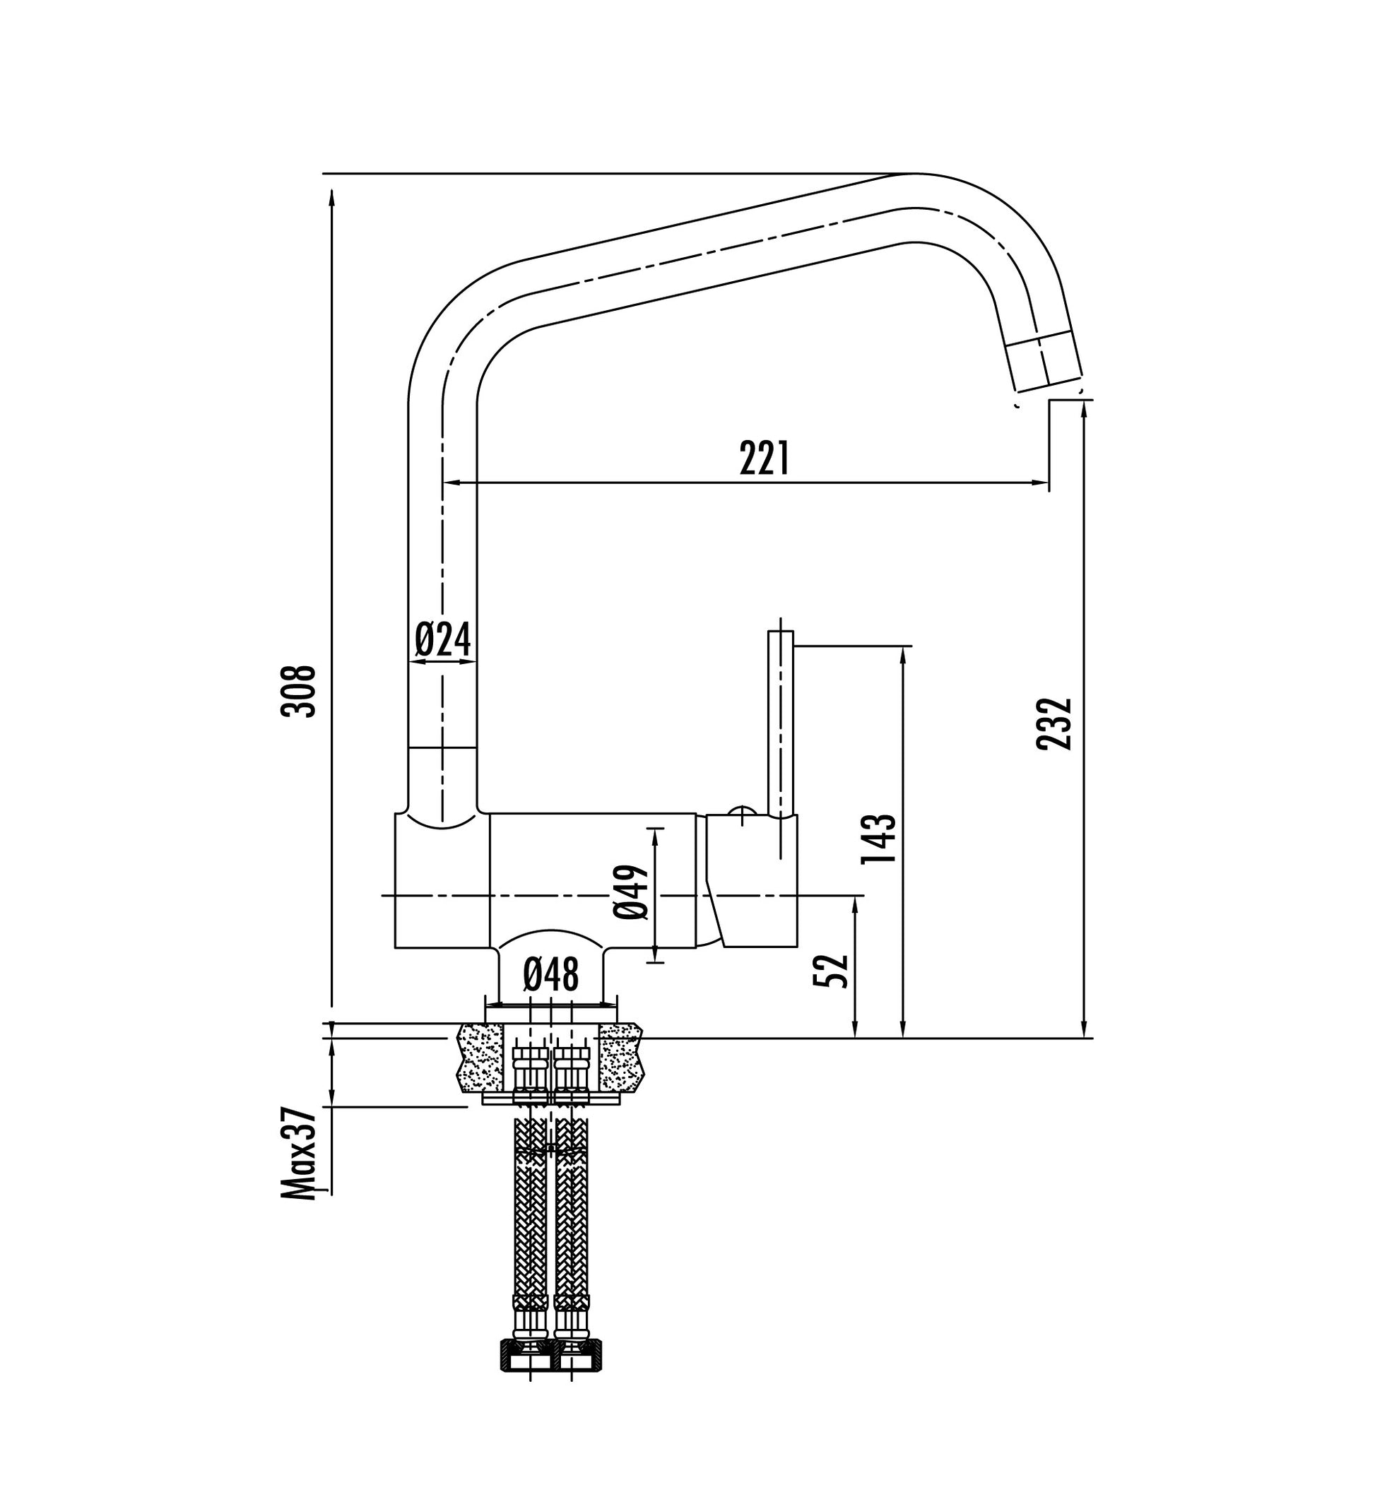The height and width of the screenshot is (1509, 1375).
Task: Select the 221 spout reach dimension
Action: pos(764,458)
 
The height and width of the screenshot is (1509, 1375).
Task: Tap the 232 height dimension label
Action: pos(1055,723)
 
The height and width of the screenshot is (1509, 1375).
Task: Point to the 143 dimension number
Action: pos(878,838)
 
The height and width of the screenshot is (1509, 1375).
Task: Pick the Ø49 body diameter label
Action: pos(630,892)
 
